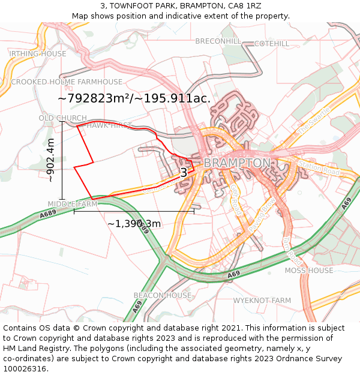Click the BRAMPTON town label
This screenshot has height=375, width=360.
pos(237,163)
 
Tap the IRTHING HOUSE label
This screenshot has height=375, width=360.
pos(38,54)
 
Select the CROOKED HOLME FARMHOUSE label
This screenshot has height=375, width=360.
pos(67,82)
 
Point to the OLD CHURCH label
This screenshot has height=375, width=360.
pos(62,118)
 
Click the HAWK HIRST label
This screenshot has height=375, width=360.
pos(109,125)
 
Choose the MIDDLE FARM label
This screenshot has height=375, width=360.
pos(72,204)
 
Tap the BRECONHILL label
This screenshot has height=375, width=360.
pos(218,41)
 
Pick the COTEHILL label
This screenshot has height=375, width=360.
pos(271,44)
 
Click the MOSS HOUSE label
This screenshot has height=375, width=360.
pos(308,271)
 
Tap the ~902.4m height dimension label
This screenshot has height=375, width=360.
pos(50,160)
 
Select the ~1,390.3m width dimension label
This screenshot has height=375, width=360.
pos(134,224)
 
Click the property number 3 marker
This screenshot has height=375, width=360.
pos(184,173)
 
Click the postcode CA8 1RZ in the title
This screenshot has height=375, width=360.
pos(243,6)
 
